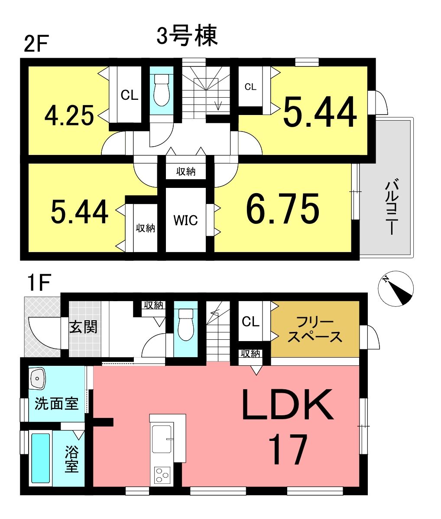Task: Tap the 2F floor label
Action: tap(36, 44)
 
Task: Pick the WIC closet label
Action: tap(186, 220)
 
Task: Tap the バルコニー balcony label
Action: tap(392, 207)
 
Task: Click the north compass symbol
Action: tap(396, 289)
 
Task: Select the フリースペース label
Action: tap(315, 329)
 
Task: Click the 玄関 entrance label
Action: tap(83, 327)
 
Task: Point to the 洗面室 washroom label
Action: tap(56, 404)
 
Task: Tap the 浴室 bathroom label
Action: tap(71, 459)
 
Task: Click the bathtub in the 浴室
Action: tap(41, 458)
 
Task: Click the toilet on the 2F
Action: tap(162, 90)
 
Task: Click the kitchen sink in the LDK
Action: tap(162, 439)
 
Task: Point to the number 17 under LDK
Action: tap(288, 450)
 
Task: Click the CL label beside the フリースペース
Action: tap(251, 322)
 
